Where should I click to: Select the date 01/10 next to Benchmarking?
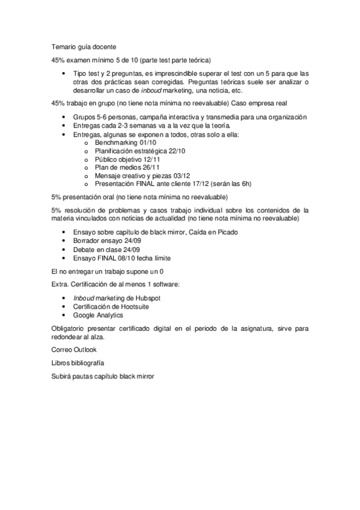[x=147, y=143]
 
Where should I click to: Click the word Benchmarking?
[x=116, y=143]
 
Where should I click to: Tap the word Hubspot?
[x=148, y=298]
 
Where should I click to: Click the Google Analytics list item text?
[x=98, y=315]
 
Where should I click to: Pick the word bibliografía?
[x=88, y=363]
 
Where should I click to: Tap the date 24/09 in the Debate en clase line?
[x=131, y=250]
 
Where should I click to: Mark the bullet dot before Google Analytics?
[x=65, y=315]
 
